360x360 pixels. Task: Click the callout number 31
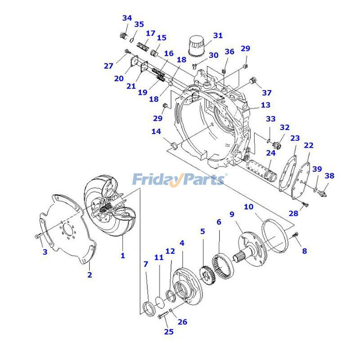click(x=218, y=36)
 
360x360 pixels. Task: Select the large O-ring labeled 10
click(x=275, y=236)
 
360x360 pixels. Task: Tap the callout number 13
click(x=265, y=105)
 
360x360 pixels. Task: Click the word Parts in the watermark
click(x=202, y=179)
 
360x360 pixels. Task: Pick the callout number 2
click(x=90, y=274)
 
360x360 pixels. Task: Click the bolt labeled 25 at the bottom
click(x=163, y=316)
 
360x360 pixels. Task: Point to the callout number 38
click(x=329, y=176)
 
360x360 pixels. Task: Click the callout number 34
click(x=127, y=18)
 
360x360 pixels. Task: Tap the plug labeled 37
click(x=253, y=81)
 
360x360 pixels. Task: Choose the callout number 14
click(x=156, y=131)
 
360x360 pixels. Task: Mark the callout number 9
click(x=232, y=215)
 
